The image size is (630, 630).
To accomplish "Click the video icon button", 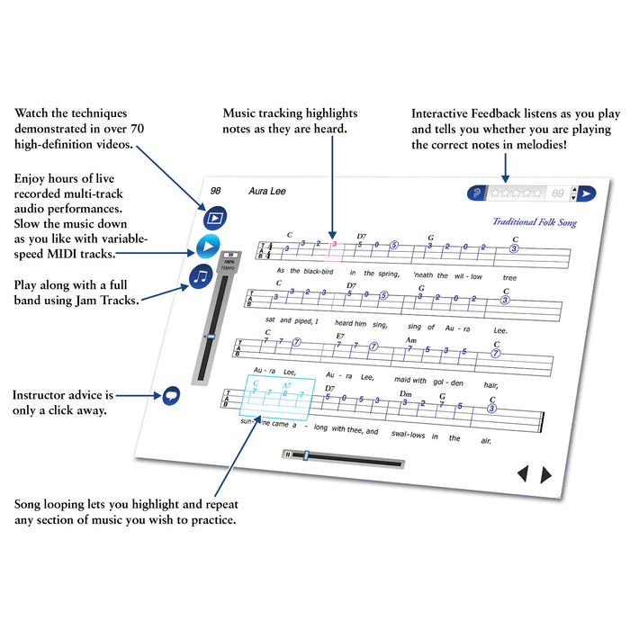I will click(x=214, y=217).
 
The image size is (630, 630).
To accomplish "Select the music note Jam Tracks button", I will click(x=202, y=276).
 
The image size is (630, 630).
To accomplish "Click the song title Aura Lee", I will click(x=265, y=192).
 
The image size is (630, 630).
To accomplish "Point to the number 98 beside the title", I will click(x=216, y=190).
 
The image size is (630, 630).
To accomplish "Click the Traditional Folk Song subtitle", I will click(x=534, y=222).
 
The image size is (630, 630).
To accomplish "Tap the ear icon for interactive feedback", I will click(x=477, y=193).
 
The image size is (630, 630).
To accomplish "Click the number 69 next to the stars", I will click(x=558, y=193).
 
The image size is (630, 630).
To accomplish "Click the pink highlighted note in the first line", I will click(x=334, y=244).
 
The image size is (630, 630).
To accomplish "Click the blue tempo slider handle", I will click(x=209, y=337).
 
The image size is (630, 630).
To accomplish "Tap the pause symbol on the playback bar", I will click(x=288, y=455).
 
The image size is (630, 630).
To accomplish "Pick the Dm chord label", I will click(x=406, y=394).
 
